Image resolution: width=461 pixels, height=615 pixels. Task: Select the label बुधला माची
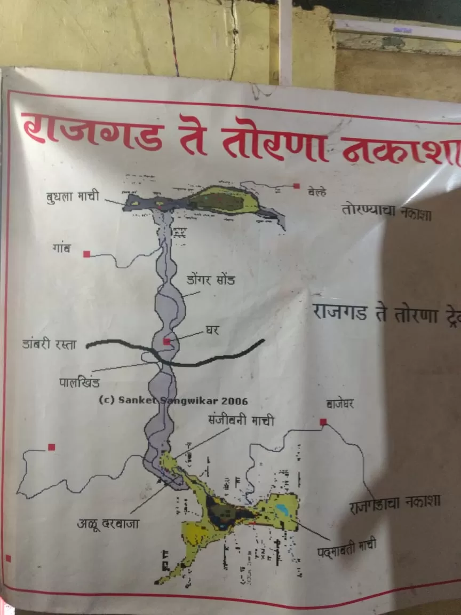(x=73, y=196)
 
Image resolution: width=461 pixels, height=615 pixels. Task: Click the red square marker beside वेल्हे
(x=296, y=186)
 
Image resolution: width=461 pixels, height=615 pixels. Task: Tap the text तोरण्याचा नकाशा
(x=386, y=210)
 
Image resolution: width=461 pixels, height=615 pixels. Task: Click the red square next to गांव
(x=86, y=254)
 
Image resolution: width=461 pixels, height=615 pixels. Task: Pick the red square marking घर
(x=167, y=341)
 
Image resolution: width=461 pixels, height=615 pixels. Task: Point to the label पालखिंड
(x=79, y=383)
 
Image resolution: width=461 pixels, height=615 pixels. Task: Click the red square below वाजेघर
(x=323, y=422)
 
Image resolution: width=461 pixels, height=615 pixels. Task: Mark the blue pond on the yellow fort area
(x=282, y=509)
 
